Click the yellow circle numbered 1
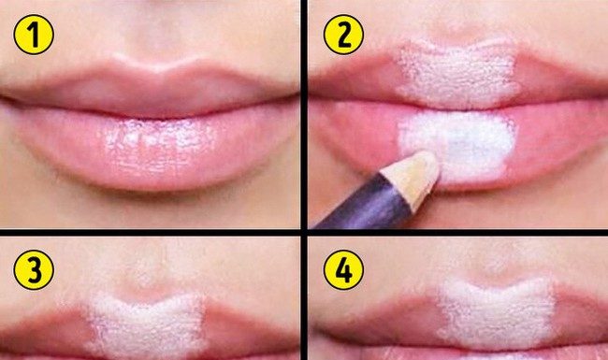click(34, 35)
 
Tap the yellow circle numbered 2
click(343, 35)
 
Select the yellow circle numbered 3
click(34, 269)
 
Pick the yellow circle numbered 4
click(343, 269)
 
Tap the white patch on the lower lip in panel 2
click(457, 145)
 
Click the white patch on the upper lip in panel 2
click(457, 74)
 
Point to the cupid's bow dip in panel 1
click(158, 69)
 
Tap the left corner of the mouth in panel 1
click(7, 99)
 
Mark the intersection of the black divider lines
click(304, 232)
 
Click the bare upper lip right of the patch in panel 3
click(248, 329)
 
